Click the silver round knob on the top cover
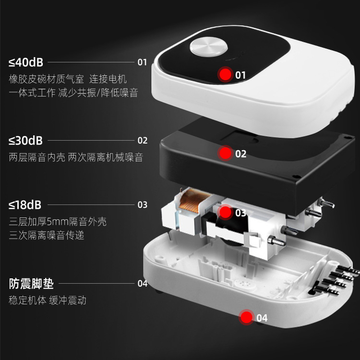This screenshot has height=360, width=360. tap(208, 47)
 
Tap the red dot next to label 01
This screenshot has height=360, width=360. tap(225, 74)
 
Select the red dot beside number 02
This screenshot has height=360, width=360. tap(225, 153)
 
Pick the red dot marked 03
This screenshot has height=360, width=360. tap(225, 212)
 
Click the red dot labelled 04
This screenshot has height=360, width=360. tap(246, 317)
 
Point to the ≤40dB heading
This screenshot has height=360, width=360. tap(26, 62)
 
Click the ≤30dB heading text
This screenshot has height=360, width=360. tap(25, 141)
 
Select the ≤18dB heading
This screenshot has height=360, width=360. tap(25, 205)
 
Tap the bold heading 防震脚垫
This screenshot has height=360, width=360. tap(31, 284)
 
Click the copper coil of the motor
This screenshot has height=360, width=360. tap(192, 200)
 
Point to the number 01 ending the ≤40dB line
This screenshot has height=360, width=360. tap(142, 62)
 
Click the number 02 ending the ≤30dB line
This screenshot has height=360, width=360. tap(143, 141)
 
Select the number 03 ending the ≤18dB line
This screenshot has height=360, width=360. tap(143, 205)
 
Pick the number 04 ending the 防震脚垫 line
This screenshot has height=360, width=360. tap(143, 284)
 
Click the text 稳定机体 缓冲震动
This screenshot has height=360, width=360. tap(48, 300)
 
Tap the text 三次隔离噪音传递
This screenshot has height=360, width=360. tap(47, 235)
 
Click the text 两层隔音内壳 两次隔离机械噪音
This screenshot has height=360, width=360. tap(76, 157)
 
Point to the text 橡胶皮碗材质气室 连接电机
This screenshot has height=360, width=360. tap(68, 79)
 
